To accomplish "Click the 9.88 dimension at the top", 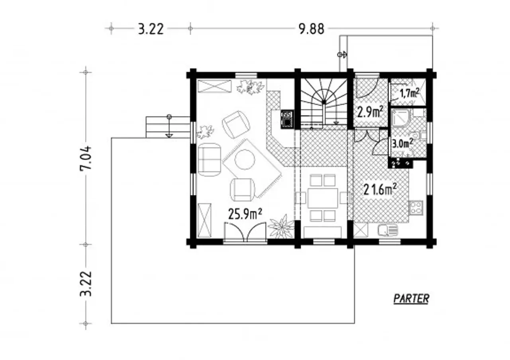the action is pyautogui.click(x=311, y=29).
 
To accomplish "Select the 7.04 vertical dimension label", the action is pyautogui.click(x=86, y=158).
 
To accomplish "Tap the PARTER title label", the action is pyautogui.click(x=411, y=298).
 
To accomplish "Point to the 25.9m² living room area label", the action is pyautogui.click(x=245, y=214).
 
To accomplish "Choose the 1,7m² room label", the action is pyautogui.click(x=409, y=93).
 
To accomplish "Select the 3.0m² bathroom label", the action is pyautogui.click(x=402, y=144).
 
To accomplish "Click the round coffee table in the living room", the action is pyautogui.click(x=245, y=159).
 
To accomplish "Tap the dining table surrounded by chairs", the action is pyautogui.click(x=323, y=198).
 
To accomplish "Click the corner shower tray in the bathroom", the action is pyautogui.click(x=401, y=118).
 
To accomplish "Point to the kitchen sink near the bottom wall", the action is pyautogui.click(x=388, y=230).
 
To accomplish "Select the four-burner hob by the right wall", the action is pyautogui.click(x=416, y=208).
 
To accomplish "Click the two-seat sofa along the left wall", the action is pyautogui.click(x=209, y=160).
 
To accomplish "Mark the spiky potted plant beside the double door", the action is pyautogui.click(x=281, y=227).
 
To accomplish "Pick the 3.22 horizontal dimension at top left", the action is pyautogui.click(x=151, y=29).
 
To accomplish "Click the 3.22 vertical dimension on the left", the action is pyautogui.click(x=86, y=284).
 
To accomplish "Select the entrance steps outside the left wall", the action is pyautogui.click(x=168, y=127).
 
